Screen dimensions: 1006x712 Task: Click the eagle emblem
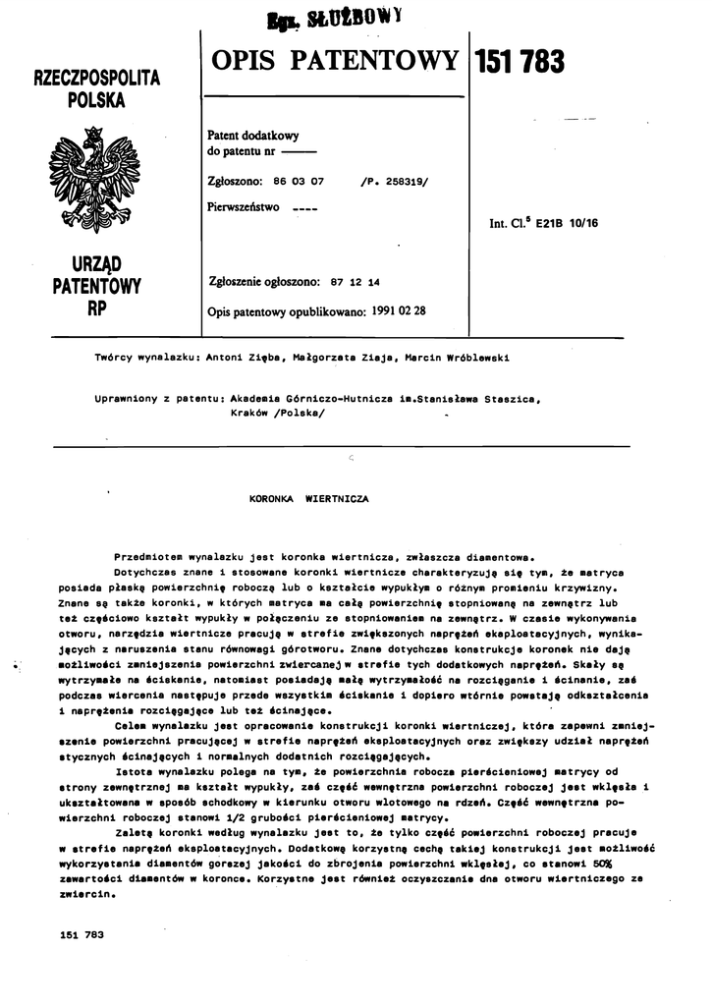(94, 180)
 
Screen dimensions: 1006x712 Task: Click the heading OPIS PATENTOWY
(334, 60)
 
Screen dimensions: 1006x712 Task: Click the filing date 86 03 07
(301, 182)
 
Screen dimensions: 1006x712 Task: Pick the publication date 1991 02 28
(400, 310)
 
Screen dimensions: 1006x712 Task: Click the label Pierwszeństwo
(245, 207)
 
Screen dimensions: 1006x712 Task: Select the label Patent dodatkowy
(253, 136)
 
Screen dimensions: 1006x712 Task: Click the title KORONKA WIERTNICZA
(309, 499)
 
